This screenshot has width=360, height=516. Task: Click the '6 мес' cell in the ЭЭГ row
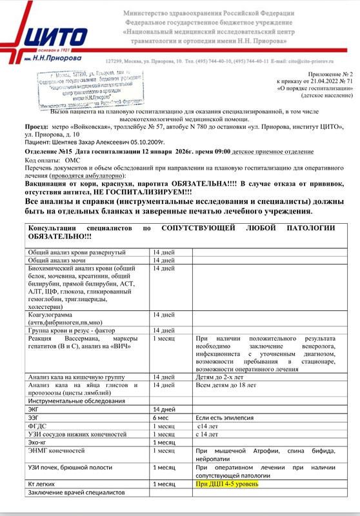pos(160,417)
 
